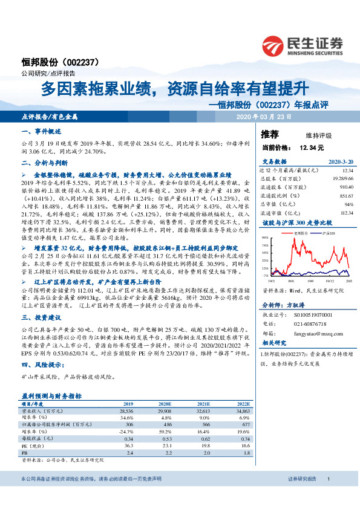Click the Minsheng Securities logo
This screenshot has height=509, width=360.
[x=303, y=44]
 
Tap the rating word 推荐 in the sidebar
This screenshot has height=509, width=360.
[x=270, y=134]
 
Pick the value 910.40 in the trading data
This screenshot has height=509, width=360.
[x=344, y=187]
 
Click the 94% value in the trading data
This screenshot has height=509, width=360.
[x=347, y=204]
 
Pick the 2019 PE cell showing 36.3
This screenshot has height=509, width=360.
[x=128, y=444]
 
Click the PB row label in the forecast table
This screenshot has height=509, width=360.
[x=25, y=451]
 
